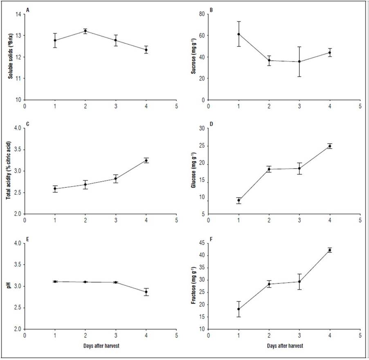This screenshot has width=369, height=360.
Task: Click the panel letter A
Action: point(27,10)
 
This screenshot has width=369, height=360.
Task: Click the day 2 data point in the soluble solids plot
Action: point(85,31)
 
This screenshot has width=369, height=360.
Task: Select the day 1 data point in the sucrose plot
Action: point(239,34)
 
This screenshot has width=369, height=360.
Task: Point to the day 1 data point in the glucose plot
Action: point(239,200)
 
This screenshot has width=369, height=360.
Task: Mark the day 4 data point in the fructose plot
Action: point(330,250)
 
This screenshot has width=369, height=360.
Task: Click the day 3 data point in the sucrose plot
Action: point(299,61)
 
